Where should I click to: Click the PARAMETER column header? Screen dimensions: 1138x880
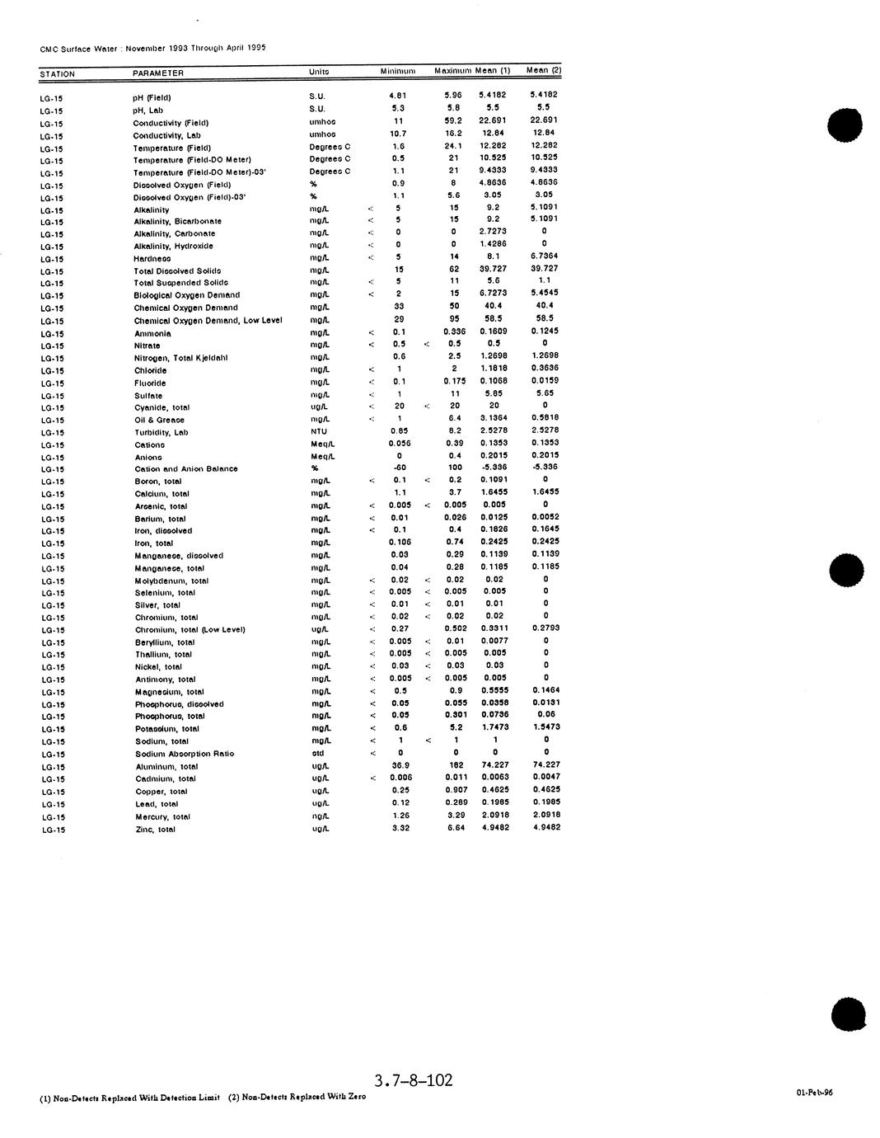(157, 73)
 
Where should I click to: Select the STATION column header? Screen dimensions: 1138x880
(57, 74)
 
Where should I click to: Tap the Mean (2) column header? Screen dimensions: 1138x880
(543, 71)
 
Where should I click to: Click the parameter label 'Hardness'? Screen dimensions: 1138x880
(152, 259)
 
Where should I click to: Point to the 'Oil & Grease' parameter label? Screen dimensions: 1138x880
(159, 420)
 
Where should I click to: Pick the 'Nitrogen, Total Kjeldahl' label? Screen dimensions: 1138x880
(180, 358)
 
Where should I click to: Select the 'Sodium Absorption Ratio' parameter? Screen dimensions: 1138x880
(184, 754)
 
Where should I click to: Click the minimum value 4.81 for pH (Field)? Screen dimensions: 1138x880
(398, 96)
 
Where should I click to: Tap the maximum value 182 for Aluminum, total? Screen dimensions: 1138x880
(456, 765)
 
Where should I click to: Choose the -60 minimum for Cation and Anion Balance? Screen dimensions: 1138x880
(400, 468)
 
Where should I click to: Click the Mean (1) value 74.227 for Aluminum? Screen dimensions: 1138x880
(494, 764)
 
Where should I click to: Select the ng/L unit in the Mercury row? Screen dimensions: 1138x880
(320, 816)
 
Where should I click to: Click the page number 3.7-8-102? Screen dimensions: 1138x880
(413, 1080)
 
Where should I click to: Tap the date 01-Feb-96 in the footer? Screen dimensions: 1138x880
(814, 1093)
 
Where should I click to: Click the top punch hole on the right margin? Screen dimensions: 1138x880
(845, 125)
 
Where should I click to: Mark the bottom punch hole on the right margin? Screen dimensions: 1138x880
(849, 1013)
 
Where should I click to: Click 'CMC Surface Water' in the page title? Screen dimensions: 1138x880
(79, 49)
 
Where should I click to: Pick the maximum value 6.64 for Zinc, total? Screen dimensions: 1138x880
(456, 827)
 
